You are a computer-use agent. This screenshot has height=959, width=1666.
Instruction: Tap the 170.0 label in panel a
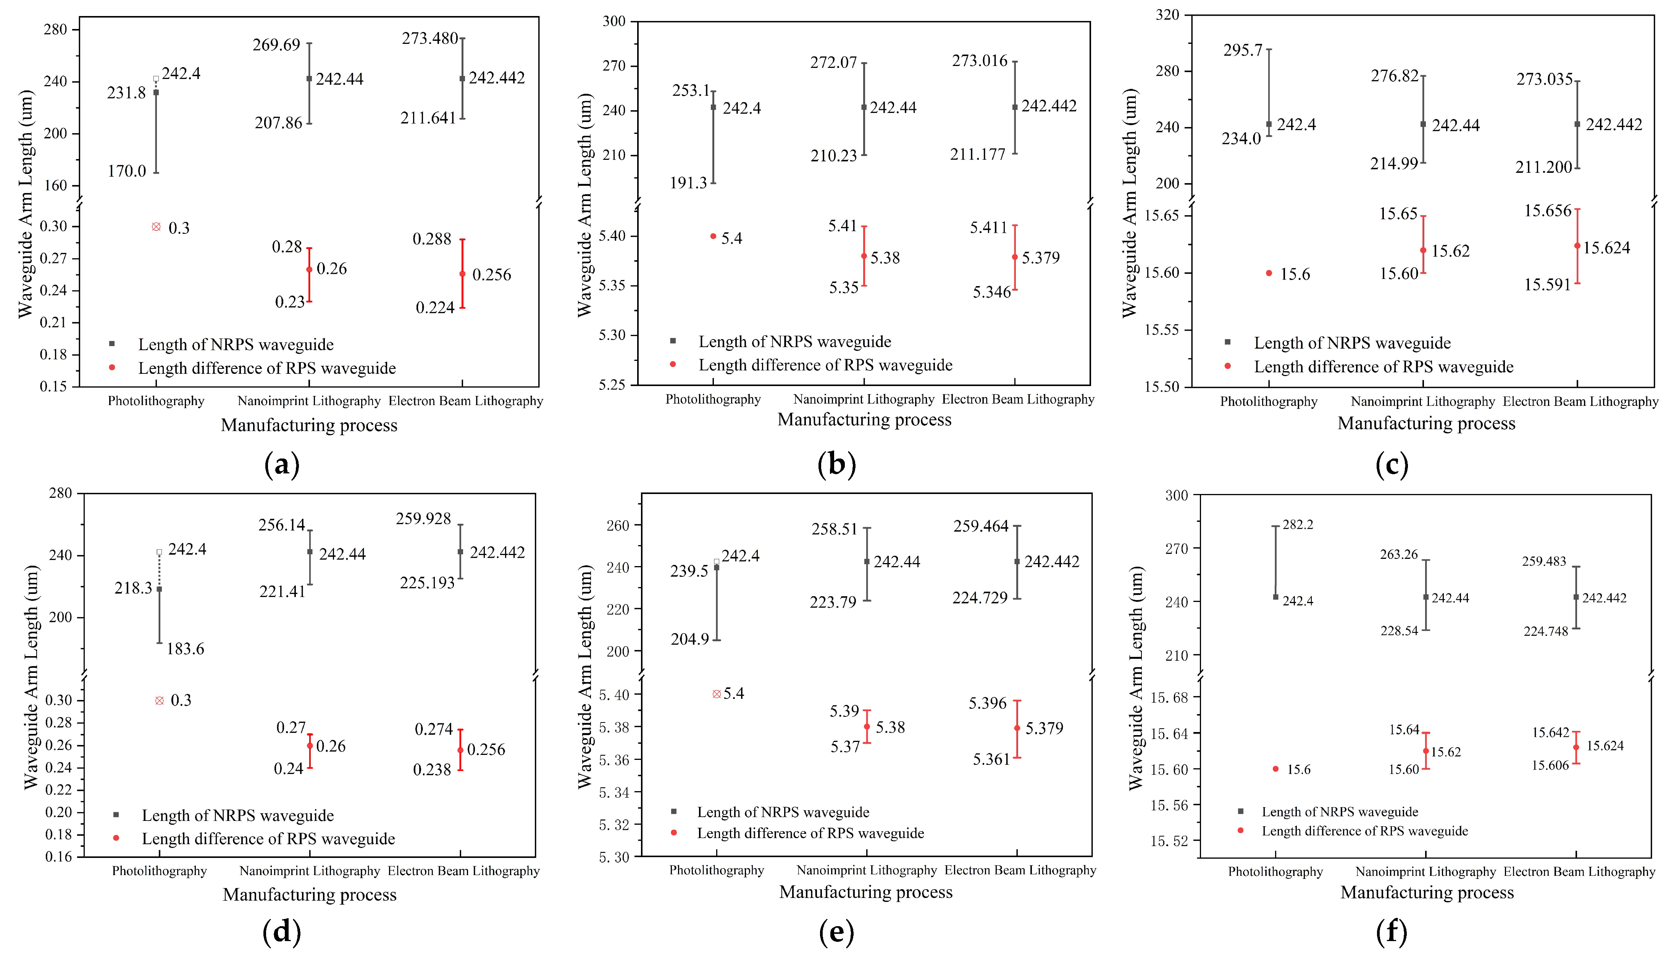tap(127, 171)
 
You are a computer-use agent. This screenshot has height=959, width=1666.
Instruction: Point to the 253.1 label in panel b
tap(691, 91)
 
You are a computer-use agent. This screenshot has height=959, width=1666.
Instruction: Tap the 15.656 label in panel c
tap(1547, 211)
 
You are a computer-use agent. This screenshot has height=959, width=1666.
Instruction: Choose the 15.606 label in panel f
tap(1550, 765)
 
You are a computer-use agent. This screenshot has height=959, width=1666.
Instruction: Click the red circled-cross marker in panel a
tap(156, 227)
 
